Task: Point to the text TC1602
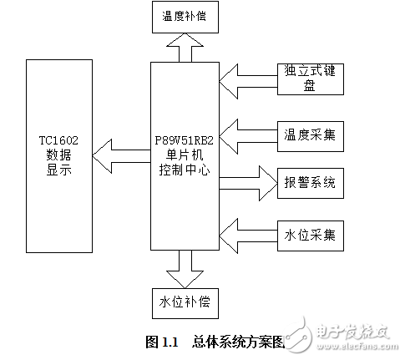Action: (59, 140)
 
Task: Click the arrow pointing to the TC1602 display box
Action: (120, 153)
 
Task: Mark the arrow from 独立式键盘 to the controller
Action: (247, 79)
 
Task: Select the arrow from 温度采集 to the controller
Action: (247, 134)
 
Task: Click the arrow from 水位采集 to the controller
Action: (247, 230)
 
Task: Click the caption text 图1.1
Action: (164, 342)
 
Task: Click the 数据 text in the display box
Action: (59, 155)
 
